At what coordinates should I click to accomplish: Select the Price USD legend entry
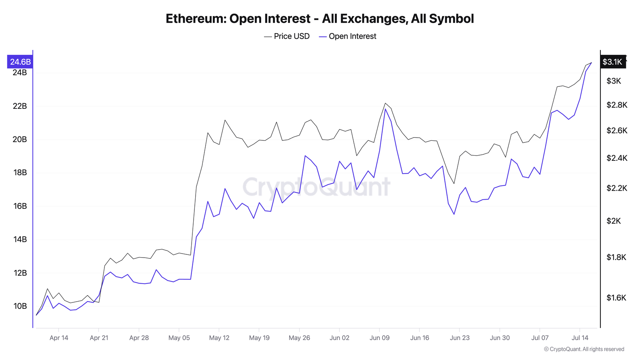click(287, 36)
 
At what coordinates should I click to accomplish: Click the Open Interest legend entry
click(348, 36)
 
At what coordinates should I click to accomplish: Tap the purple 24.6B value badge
click(20, 62)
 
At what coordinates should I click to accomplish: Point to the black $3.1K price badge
click(612, 62)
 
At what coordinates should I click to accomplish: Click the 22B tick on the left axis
click(20, 106)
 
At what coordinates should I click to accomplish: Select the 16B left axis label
click(20, 206)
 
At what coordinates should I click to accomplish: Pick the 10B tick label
click(20, 306)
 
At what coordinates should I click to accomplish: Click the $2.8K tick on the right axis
click(617, 105)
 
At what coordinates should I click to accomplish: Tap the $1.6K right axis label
click(616, 298)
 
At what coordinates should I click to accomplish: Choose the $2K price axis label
click(614, 221)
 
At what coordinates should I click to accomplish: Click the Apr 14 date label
click(59, 338)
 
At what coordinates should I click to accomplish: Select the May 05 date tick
click(179, 338)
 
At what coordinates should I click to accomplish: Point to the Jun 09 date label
click(379, 338)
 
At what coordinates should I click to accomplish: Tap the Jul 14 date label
click(580, 338)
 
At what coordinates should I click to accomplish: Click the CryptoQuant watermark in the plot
click(316, 187)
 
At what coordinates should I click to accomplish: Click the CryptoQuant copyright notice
click(584, 349)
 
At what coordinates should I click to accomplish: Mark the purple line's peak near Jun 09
click(385, 109)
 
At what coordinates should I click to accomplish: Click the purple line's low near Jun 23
click(454, 214)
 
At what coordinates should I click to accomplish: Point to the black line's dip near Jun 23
click(454, 184)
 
